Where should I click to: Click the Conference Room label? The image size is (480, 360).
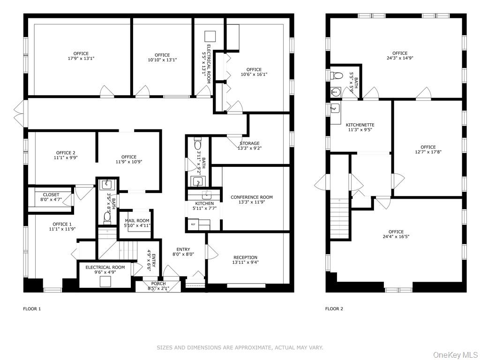pyautogui.click(x=251, y=197)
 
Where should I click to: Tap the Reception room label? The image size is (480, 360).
pyautogui.click(x=245, y=257)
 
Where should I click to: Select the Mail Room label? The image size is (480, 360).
pyautogui.click(x=136, y=220)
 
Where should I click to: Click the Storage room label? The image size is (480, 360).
pyautogui.click(x=249, y=143)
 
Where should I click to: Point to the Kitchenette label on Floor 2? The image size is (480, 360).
pyautogui.click(x=360, y=125)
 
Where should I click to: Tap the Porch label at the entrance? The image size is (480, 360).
pyautogui.click(x=158, y=284)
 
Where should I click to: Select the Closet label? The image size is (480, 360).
pyautogui.click(x=51, y=195)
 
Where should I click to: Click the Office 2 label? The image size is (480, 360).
pyautogui.click(x=66, y=153)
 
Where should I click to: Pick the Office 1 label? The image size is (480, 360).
pyautogui.click(x=62, y=224)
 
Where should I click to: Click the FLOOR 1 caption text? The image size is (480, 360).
pyautogui.click(x=32, y=309)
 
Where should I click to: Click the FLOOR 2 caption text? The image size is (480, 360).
pyautogui.click(x=334, y=309)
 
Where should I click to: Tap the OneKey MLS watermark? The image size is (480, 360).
pyautogui.click(x=455, y=354)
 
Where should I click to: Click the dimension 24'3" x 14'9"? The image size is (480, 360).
pyautogui.click(x=400, y=59)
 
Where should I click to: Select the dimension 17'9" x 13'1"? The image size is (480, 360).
pyautogui.click(x=81, y=59)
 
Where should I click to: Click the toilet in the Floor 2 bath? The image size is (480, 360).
pyautogui.click(x=337, y=75)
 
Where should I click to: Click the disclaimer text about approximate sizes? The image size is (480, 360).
pyautogui.click(x=240, y=348)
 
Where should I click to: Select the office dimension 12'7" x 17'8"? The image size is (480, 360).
pyautogui.click(x=428, y=152)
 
